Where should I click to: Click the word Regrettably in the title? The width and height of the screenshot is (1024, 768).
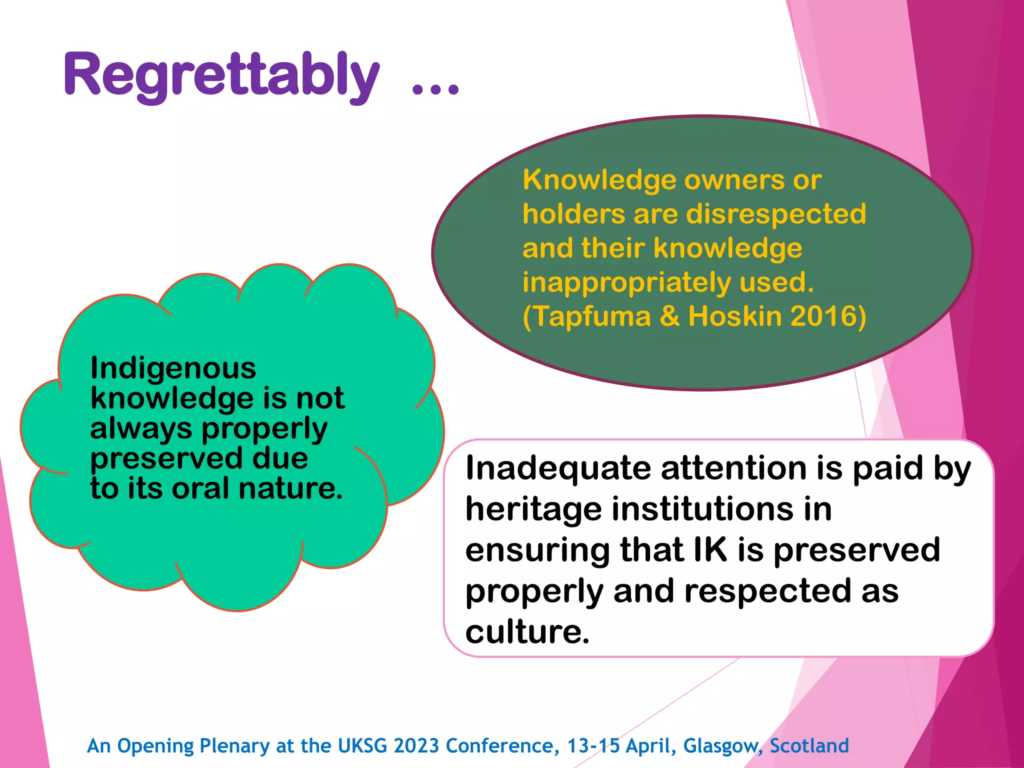[221, 75]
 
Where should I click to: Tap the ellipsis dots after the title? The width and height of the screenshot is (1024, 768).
[434, 89]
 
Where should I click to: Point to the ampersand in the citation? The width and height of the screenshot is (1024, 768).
[670, 316]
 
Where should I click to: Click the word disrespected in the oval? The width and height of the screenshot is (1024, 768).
[776, 214]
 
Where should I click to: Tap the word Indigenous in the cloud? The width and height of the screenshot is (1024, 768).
[173, 368]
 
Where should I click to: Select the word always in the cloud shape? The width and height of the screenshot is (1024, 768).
[141, 429]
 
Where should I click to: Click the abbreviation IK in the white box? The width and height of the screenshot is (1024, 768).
[710, 550]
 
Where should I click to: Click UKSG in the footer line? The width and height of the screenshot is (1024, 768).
[362, 746]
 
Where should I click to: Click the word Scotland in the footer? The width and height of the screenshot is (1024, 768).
[809, 746]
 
